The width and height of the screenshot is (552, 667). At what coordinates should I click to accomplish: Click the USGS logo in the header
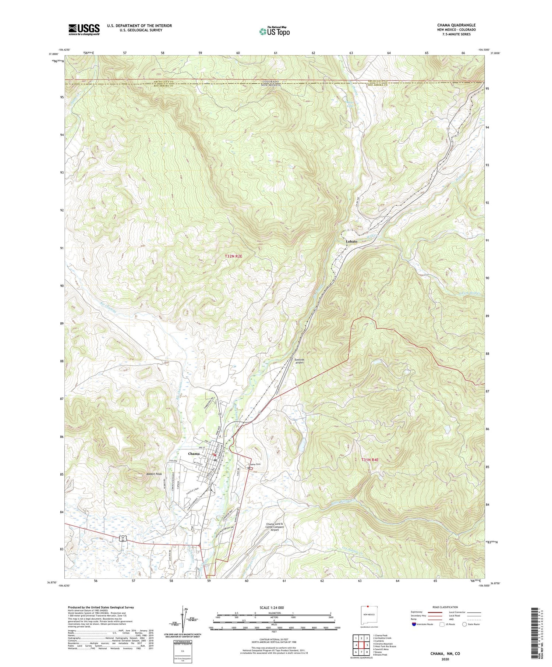click(84, 29)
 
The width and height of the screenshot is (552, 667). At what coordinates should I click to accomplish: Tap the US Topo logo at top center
click(274, 31)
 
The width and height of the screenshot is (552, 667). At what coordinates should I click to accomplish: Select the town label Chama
click(194, 454)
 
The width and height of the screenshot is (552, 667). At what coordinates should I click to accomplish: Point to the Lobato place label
click(351, 241)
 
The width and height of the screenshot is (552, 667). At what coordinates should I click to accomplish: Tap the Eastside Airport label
click(300, 361)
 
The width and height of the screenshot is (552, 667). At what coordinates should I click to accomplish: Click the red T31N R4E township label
click(369, 460)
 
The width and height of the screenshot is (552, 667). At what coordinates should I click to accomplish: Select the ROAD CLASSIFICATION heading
click(445, 607)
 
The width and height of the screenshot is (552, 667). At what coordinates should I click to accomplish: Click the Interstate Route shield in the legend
click(414, 624)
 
